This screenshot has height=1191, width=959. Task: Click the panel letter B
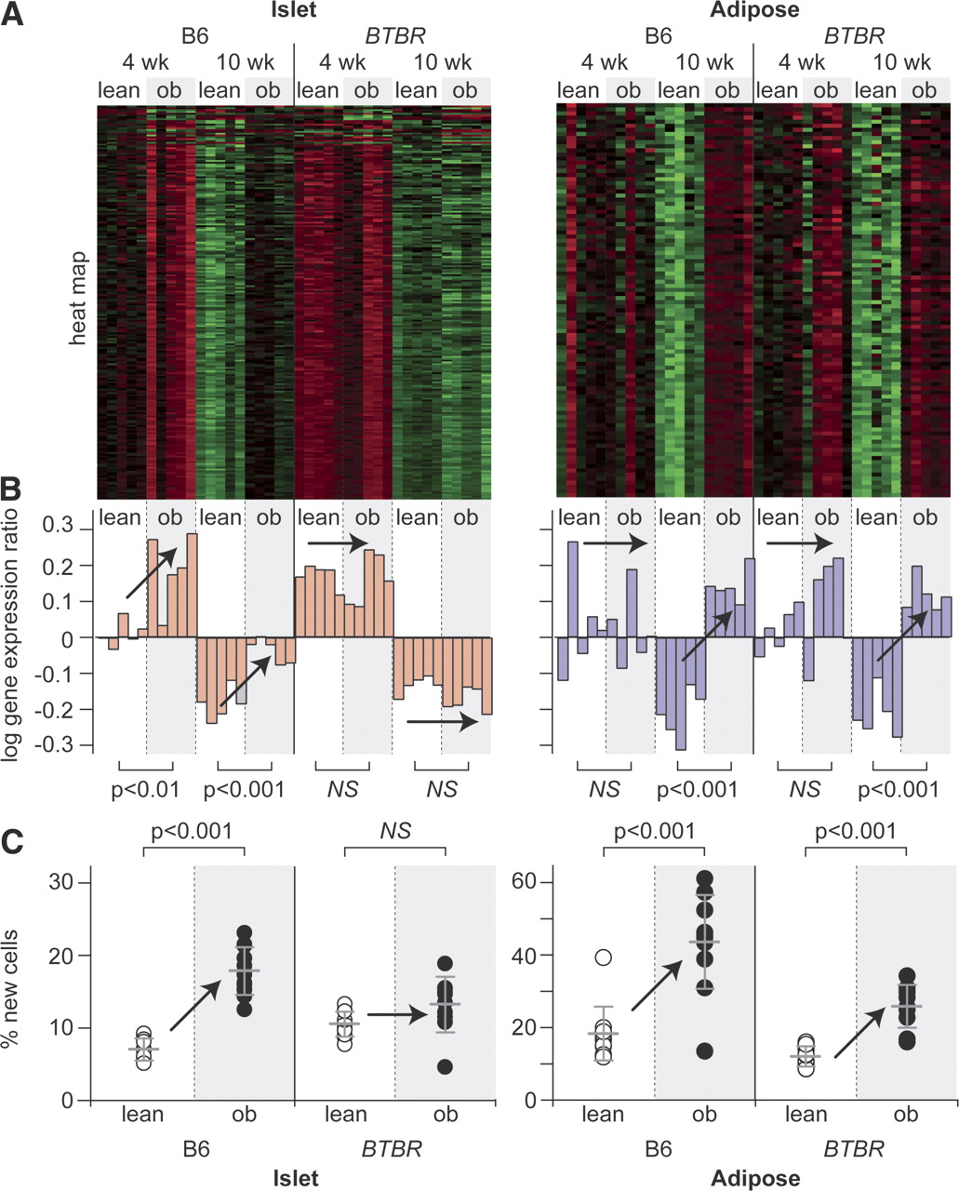pyautogui.click(x=11, y=489)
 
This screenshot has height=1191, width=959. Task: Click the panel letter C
pyautogui.click(x=12, y=843)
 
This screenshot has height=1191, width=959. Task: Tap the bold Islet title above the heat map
pyautogui.click(x=294, y=9)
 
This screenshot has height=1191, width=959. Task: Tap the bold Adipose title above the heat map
pyautogui.click(x=754, y=9)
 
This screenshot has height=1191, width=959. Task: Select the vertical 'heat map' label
pyautogui.click(x=79, y=299)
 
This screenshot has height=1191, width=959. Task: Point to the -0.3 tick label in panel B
pyautogui.click(x=53, y=744)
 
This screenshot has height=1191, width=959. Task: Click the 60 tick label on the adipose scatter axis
pyautogui.click(x=524, y=881)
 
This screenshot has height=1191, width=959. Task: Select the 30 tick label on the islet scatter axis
pyautogui.click(x=62, y=882)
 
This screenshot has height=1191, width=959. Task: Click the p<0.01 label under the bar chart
pyautogui.click(x=145, y=790)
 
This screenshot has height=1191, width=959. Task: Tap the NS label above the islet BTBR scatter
pyautogui.click(x=395, y=831)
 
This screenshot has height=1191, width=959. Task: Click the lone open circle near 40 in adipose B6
pyautogui.click(x=603, y=957)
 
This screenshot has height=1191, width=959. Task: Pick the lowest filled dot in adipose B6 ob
pyautogui.click(x=704, y=1051)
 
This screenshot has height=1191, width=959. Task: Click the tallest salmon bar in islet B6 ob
pyautogui.click(x=192, y=585)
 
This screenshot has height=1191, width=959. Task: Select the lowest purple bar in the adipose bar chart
pyautogui.click(x=681, y=693)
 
